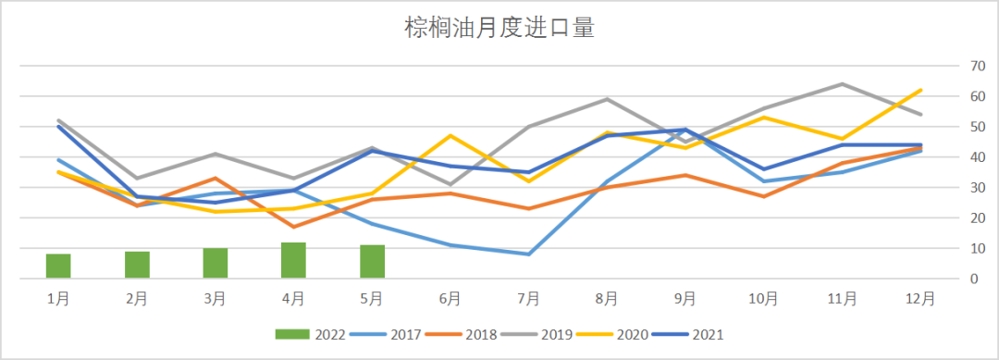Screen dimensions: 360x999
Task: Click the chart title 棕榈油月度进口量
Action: (x=499, y=28)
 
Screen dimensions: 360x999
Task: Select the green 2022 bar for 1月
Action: (x=58, y=266)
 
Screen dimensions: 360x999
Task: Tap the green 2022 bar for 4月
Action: (x=293, y=260)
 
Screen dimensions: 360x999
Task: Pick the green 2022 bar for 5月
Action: (x=372, y=261)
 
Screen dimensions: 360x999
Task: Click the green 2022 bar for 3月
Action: (x=216, y=263)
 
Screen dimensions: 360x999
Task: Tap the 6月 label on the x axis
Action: (x=450, y=298)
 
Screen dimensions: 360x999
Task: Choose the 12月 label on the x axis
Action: (x=920, y=298)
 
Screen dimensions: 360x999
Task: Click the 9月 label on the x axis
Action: (x=685, y=298)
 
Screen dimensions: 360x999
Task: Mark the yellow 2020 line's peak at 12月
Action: (x=920, y=90)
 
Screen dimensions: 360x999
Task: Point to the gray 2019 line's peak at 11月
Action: (x=842, y=84)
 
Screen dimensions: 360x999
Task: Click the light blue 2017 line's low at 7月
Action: (x=529, y=254)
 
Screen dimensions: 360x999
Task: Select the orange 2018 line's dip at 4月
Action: (x=293, y=227)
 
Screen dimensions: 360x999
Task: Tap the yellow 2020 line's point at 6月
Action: (x=450, y=136)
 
